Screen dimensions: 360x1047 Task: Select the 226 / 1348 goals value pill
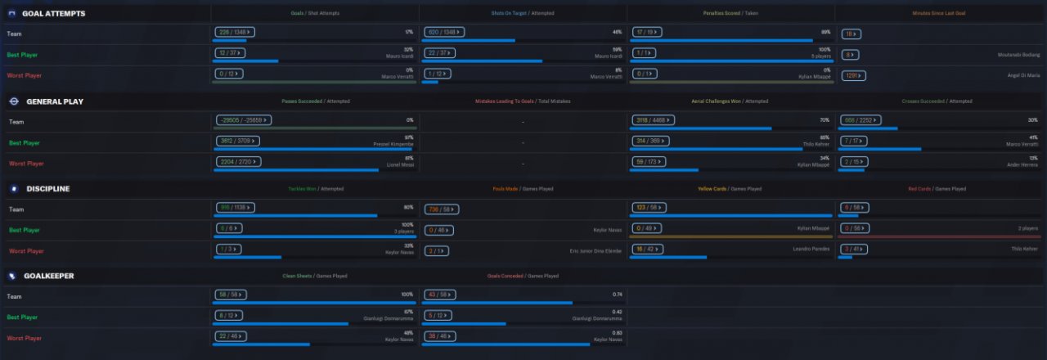(x=235, y=32)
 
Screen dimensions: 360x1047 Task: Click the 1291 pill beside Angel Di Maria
(x=852, y=75)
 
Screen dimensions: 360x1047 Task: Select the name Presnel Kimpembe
(x=392, y=143)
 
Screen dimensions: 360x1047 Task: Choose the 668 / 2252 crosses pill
(x=862, y=120)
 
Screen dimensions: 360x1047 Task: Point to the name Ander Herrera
(x=1023, y=164)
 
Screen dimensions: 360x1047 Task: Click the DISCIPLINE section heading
(x=47, y=189)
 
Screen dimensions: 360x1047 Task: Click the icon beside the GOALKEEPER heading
(x=12, y=277)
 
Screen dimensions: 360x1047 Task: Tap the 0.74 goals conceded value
(x=617, y=294)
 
